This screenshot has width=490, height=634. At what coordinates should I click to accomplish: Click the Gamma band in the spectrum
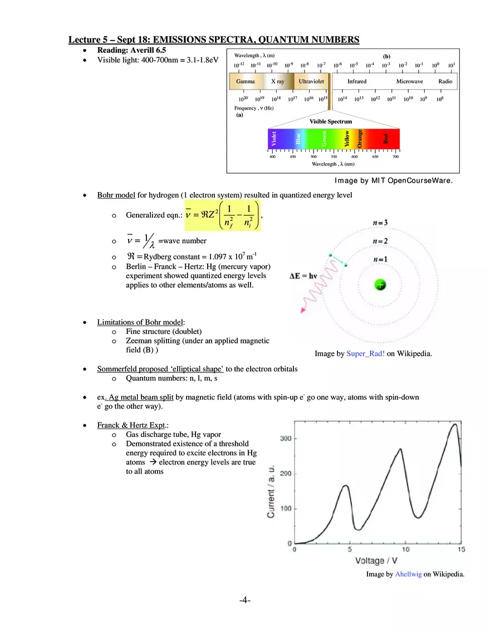(x=246, y=82)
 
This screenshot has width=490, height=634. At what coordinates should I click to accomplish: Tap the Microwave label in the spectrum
(x=409, y=82)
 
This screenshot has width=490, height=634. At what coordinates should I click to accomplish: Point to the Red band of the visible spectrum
(x=386, y=139)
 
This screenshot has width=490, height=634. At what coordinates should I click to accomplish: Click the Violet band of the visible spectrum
(x=274, y=139)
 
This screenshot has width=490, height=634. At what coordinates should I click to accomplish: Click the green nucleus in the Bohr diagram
(x=380, y=284)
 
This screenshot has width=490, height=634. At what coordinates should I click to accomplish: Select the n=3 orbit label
(x=380, y=223)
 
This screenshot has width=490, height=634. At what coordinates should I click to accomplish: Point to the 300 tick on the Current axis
(x=286, y=439)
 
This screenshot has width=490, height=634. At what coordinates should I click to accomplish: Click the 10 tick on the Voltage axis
(x=405, y=550)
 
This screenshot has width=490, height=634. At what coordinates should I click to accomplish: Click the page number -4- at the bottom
(x=245, y=601)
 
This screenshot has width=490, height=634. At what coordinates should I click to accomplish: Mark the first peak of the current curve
(x=345, y=486)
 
